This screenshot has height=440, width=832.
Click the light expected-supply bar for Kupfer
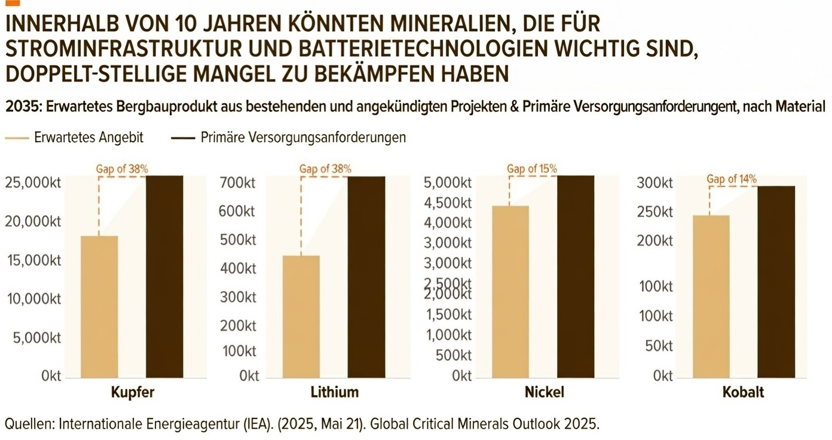99,307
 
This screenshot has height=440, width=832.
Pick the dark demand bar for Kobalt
776,282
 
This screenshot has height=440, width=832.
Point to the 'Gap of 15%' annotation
531,169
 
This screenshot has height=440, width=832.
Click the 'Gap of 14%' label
732,179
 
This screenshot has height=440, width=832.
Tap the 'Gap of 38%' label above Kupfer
122,169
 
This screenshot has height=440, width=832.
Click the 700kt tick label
239,182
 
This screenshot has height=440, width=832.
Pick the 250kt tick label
654,212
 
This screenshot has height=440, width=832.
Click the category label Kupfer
133,393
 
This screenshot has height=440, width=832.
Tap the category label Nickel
544,393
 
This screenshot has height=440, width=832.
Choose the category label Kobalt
743,393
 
